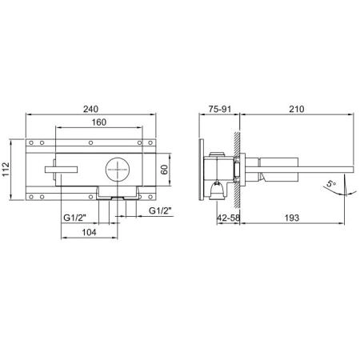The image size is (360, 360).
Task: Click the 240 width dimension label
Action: (x=90, y=109)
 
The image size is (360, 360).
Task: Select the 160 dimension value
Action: (x=99, y=122)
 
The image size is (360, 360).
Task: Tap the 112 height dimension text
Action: (x=6, y=169)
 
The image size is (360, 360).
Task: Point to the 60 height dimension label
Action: (x=165, y=170)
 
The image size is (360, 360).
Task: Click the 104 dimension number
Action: (x=89, y=232)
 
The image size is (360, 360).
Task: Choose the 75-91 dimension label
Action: (x=220, y=109)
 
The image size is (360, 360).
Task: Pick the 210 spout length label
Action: (x=297, y=109)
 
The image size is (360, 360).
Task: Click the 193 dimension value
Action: (x=292, y=218)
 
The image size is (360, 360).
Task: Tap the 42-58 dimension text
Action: (x=229, y=218)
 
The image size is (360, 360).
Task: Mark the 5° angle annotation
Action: (x=331, y=184)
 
